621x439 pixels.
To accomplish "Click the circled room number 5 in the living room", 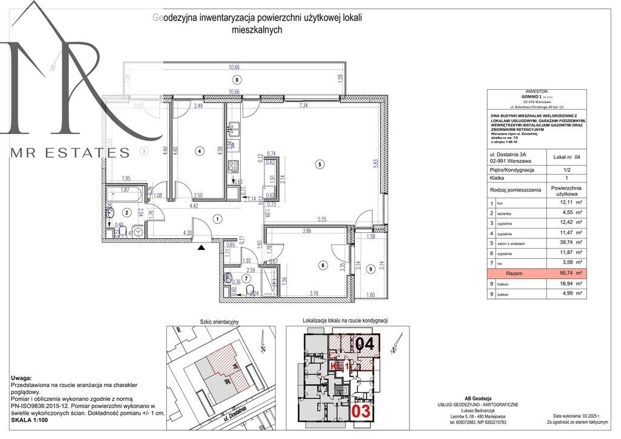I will tap(321, 164).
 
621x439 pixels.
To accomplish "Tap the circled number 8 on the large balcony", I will tap(237, 80).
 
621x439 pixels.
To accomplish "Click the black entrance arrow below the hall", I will tap(202, 246).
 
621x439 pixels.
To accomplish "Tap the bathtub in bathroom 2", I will tap(127, 196).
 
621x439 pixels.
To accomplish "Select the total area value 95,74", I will tap(565, 274).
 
